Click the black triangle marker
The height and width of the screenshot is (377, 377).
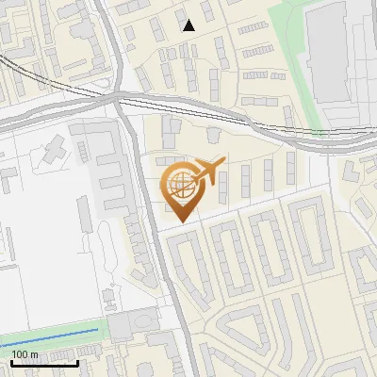click(x=188, y=25)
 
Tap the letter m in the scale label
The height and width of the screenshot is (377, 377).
click(x=35, y=353)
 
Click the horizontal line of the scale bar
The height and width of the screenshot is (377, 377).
click(x=42, y=363)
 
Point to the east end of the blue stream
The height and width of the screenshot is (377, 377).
click(x=98, y=328)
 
